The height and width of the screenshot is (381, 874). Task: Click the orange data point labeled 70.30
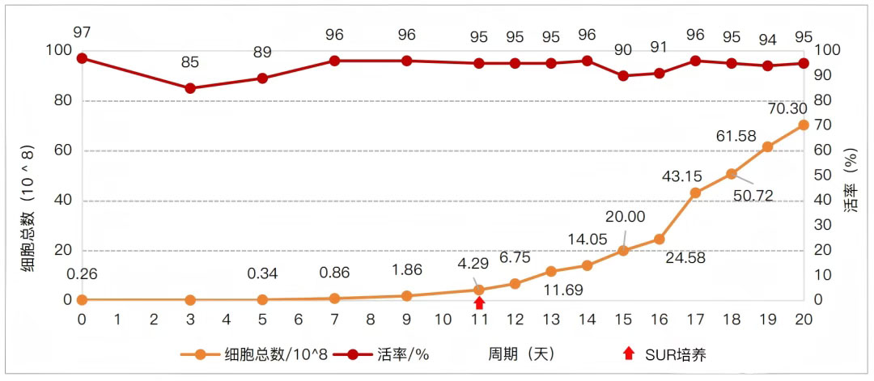click(804, 125)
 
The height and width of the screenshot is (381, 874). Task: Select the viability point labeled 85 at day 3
click(190, 88)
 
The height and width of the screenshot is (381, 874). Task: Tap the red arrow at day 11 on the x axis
click(479, 303)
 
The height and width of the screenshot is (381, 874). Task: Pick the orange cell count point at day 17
click(695, 193)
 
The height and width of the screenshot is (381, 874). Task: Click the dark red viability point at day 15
click(623, 75)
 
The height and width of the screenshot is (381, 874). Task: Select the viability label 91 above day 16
click(659, 46)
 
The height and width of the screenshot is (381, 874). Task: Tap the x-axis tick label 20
click(804, 319)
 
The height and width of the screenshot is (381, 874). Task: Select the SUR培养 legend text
click(675, 354)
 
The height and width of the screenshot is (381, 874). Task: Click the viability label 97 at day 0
click(82, 32)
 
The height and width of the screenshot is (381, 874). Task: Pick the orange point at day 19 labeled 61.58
click(767, 146)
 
